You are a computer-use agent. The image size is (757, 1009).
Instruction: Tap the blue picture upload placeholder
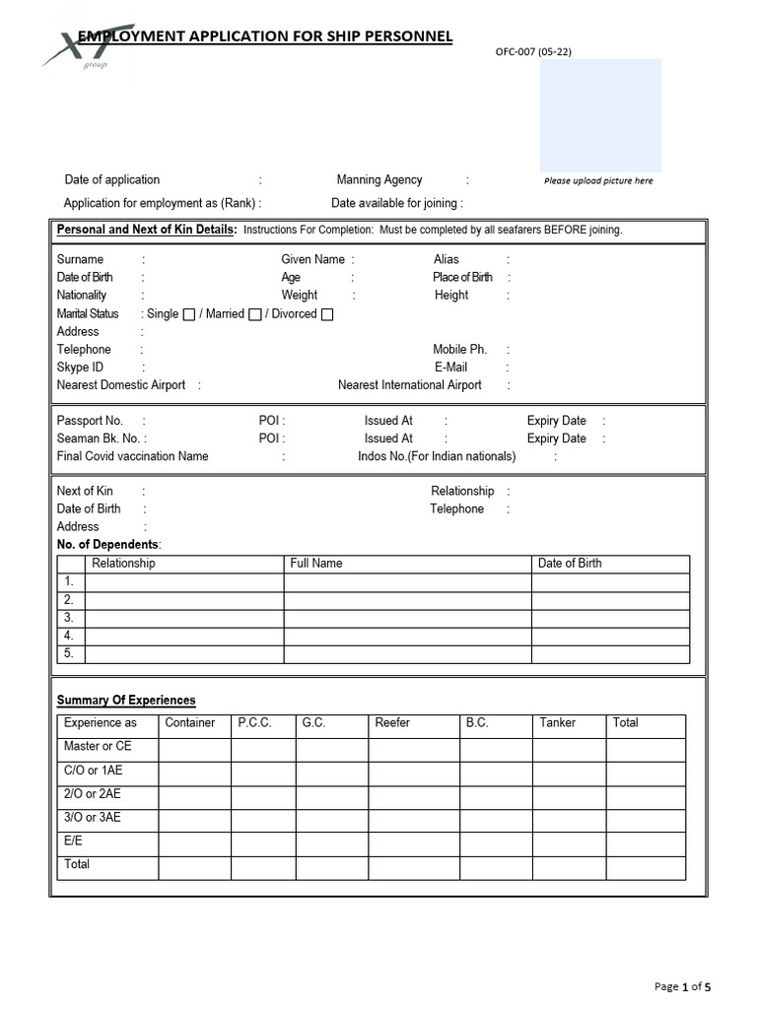coord(600,115)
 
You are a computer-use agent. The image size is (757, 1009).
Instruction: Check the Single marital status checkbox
coord(189,315)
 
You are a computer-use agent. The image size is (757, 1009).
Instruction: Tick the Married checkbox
coord(255,315)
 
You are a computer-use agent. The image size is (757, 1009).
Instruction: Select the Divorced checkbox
coord(327,315)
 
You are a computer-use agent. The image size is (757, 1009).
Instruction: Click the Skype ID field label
coord(80,368)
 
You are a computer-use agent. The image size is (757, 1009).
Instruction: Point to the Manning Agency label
coord(378,180)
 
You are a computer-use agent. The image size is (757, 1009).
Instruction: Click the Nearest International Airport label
coord(409,385)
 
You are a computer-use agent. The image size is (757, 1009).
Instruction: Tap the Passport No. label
coord(90,421)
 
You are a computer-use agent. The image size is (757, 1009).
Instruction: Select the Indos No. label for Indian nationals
coord(436,456)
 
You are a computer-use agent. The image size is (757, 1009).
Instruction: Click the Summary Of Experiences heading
coord(126,701)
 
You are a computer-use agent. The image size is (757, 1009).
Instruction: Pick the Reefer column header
coord(391,723)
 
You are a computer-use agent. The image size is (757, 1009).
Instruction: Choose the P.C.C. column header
coord(254,723)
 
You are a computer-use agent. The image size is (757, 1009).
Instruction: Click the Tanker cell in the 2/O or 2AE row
coord(569,797)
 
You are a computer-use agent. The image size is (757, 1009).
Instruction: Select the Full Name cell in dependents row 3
coord(407,618)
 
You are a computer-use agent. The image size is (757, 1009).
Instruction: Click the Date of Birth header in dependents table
coord(569,564)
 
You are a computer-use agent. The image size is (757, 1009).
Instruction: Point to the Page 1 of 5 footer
coord(682,986)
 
